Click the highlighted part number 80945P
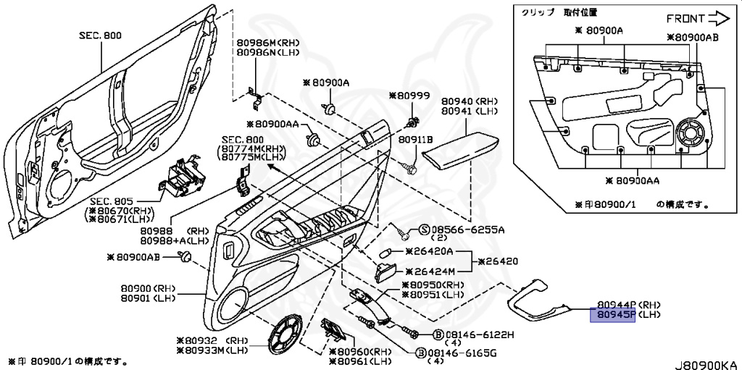[x=613, y=315]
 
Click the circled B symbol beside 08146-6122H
[x=438, y=335]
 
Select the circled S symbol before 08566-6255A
[x=425, y=230]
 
